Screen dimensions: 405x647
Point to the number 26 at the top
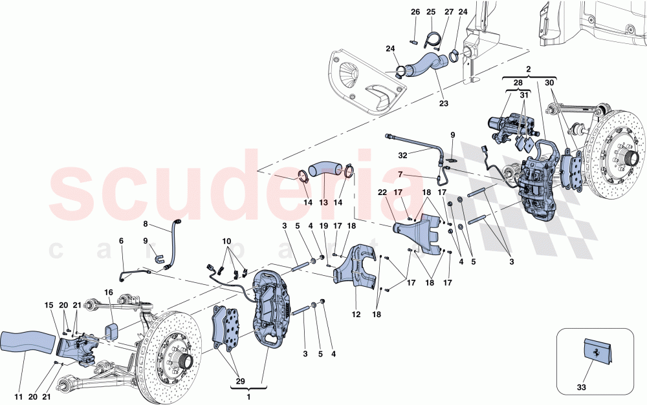[x=415, y=12]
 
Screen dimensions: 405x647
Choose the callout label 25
[x=431, y=12]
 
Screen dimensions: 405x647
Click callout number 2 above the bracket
[x=528, y=69]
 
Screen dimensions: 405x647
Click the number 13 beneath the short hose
[x=323, y=203]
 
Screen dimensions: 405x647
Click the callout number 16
[x=108, y=293]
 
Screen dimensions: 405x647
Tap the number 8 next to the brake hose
[x=146, y=224]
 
